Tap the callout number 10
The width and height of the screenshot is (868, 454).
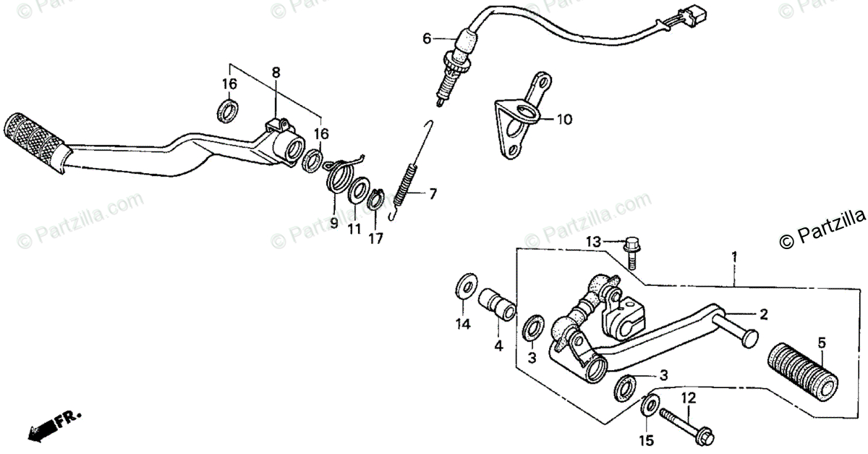click(x=564, y=119)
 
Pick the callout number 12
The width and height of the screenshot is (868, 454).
click(x=688, y=398)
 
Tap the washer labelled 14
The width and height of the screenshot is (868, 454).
click(x=463, y=286)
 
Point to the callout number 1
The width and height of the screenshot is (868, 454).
click(x=734, y=257)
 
